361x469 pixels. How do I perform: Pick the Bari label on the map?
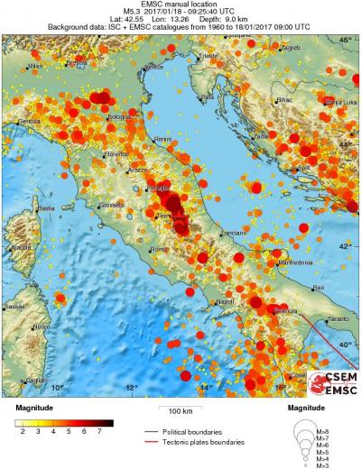tap(317, 288)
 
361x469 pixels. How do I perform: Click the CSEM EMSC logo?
tap(330, 382)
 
